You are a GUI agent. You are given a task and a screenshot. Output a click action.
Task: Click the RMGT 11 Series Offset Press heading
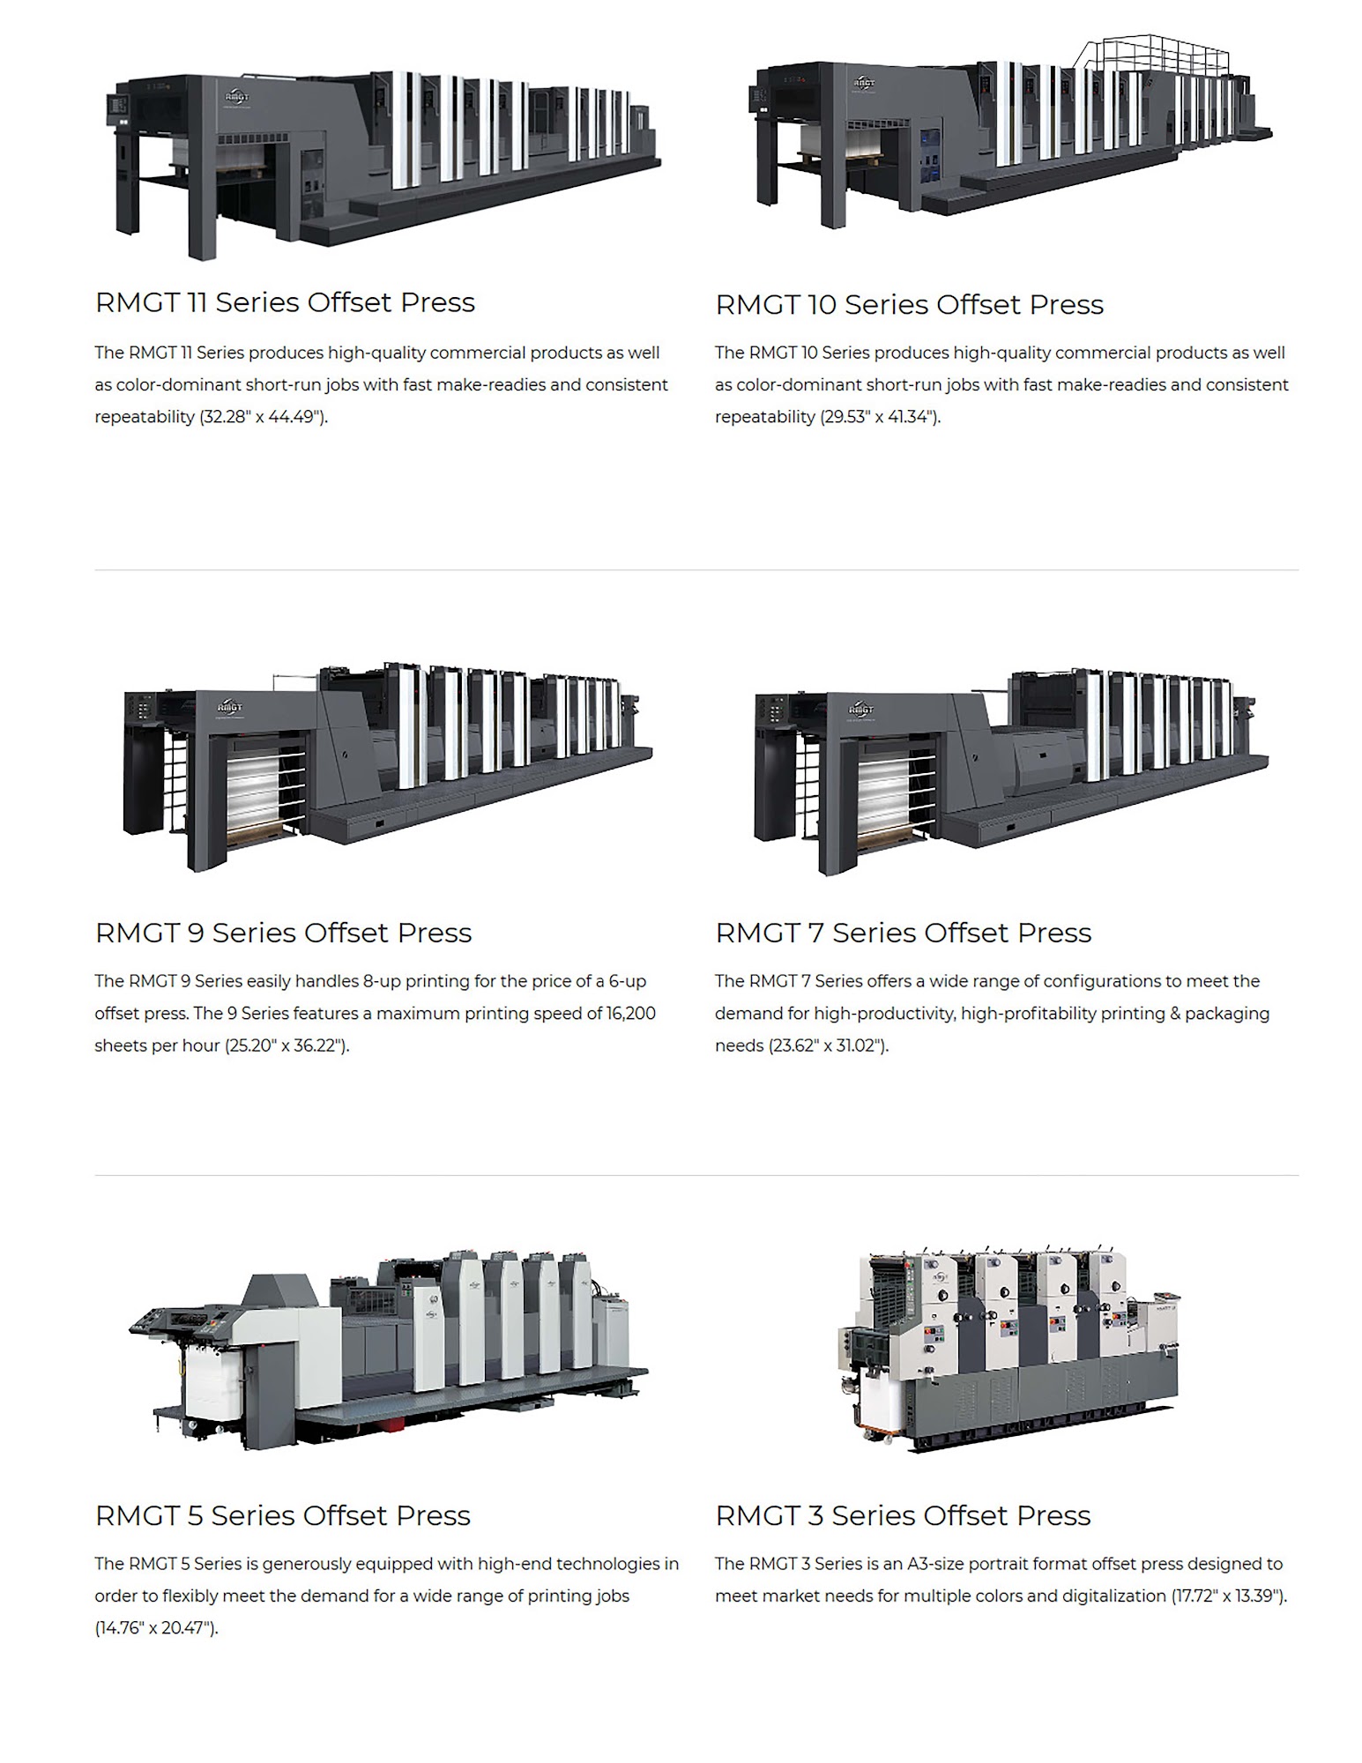click(x=285, y=302)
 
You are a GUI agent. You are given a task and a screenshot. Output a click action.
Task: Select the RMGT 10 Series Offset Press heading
click(x=909, y=305)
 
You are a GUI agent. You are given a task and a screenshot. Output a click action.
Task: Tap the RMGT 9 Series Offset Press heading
click(x=283, y=933)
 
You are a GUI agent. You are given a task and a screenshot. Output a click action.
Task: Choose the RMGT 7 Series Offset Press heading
click(x=903, y=933)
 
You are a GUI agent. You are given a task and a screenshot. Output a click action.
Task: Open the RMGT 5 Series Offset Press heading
click(x=282, y=1515)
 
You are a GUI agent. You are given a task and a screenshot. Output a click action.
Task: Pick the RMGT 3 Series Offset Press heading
click(x=903, y=1515)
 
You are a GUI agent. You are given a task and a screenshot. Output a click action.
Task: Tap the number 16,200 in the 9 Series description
click(x=631, y=1014)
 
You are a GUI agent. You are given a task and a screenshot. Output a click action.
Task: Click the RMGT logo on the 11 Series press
click(x=237, y=97)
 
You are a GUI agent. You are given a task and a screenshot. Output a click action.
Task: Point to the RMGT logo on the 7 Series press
click(x=860, y=709)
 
